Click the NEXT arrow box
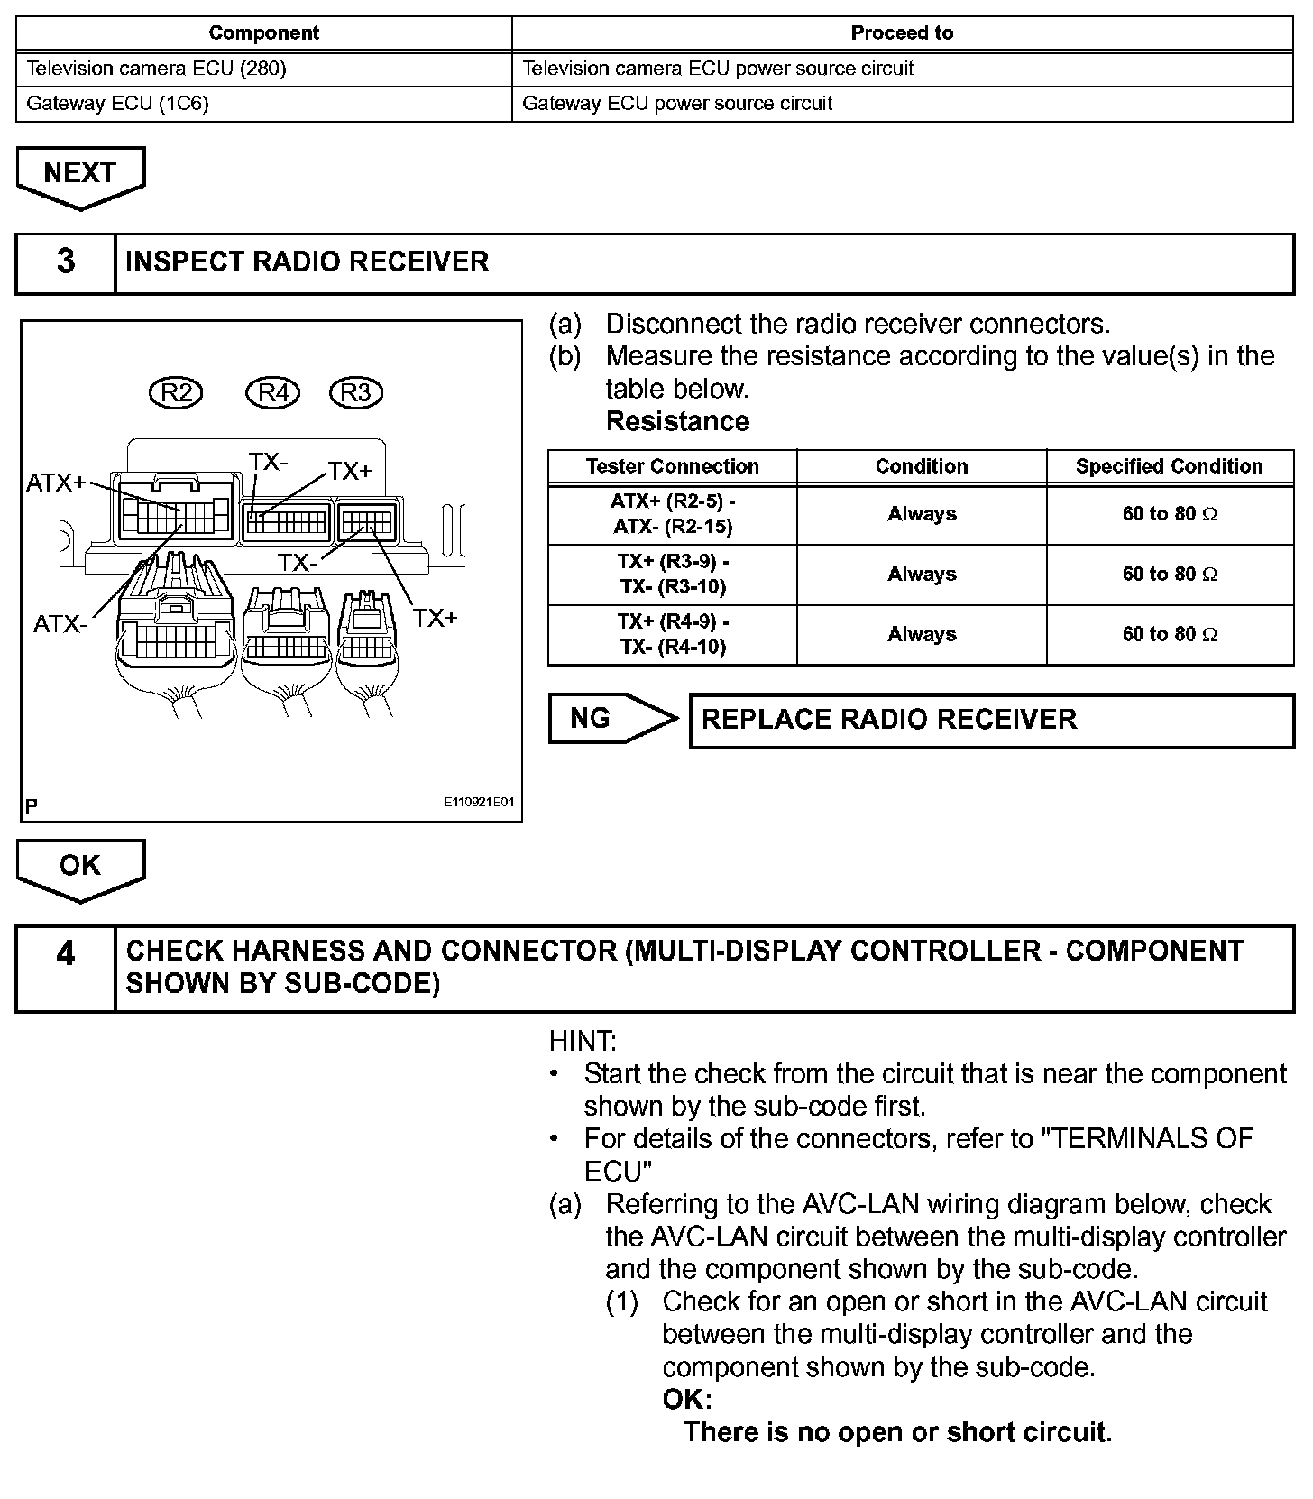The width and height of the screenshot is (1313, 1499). coord(80,174)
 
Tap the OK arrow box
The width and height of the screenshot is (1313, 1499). coord(80,866)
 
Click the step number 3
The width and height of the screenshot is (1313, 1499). coord(66,262)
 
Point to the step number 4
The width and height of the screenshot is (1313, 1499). coord(66,954)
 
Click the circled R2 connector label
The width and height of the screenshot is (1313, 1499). coord(176,393)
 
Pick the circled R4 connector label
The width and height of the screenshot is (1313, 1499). coord(272,393)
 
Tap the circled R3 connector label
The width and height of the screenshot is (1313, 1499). coord(356,393)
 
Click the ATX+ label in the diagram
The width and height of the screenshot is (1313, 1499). coord(56,483)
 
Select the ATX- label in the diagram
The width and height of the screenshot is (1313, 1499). coord(60,623)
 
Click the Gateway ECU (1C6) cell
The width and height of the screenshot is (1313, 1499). coord(118,104)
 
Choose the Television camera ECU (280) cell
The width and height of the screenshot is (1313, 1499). coord(157,69)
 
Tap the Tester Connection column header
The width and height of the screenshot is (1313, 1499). coord(672,466)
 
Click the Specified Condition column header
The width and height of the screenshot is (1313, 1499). coord(1169,466)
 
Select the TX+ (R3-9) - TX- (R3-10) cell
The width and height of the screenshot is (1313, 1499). coord(673,575)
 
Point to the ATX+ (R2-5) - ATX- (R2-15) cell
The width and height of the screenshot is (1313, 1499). coord(673,514)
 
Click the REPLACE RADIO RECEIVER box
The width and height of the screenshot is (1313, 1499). coord(991,720)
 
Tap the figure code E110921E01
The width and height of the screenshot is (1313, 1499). coord(478,802)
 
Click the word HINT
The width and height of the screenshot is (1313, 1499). coord(583,1042)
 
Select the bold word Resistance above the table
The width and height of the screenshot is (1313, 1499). coord(677,421)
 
